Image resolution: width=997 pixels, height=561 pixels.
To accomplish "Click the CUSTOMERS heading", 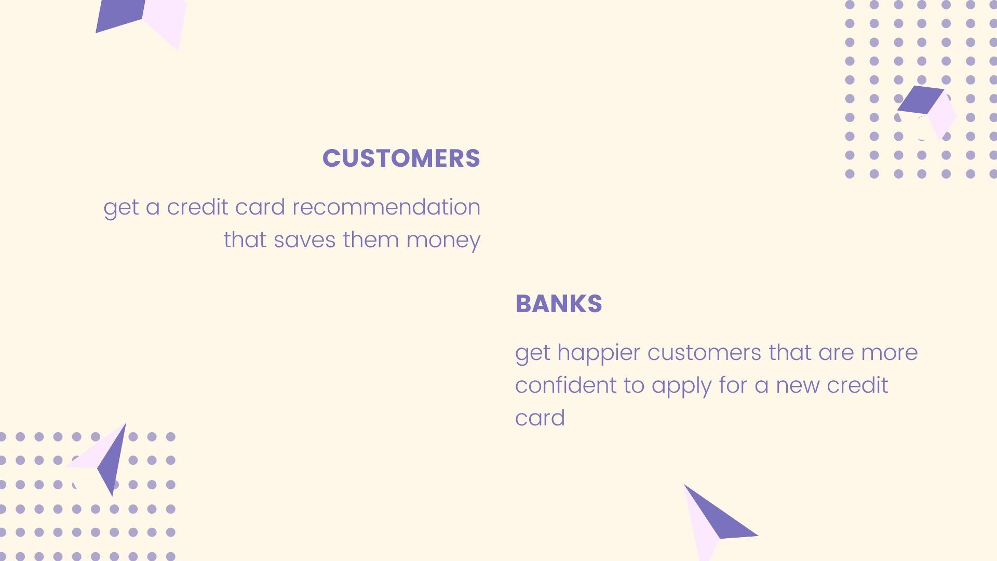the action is (401, 158).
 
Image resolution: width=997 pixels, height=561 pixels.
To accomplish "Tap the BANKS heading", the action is (559, 304).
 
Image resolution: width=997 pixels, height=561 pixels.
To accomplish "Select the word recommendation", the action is (386, 207).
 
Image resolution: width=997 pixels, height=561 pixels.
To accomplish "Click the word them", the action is (370, 240).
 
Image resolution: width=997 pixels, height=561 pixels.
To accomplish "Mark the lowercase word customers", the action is (704, 353).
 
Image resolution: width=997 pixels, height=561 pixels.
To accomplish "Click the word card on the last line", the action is (540, 418).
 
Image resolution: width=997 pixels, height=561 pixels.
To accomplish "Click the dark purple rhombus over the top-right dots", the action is (921, 100).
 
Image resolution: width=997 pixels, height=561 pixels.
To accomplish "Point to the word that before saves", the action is (245, 240).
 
